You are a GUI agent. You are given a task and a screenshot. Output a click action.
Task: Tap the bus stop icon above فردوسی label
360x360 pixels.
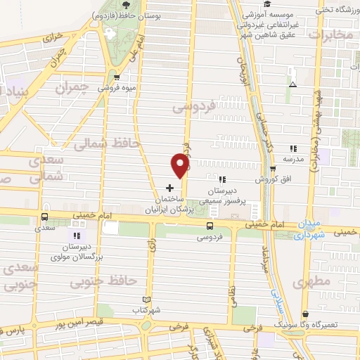tap(209, 225)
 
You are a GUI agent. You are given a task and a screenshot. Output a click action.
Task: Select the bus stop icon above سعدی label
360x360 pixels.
tap(44, 217)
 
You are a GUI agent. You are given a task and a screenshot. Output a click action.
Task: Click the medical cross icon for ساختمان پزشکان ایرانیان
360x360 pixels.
tap(169, 188)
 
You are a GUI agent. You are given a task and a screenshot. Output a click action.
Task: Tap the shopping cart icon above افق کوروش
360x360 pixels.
tap(274, 169)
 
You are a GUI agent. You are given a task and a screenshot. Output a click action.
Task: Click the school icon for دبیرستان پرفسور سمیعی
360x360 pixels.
tap(223, 179)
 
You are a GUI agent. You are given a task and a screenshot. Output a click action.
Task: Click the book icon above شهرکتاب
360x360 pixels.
tap(146, 299)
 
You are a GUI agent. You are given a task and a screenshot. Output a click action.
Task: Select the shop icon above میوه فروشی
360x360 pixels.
tap(116, 77)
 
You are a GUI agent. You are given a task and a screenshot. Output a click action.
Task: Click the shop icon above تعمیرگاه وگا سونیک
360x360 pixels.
tap(304, 314)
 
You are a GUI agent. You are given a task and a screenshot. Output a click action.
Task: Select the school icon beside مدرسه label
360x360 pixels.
tap(293, 148)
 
